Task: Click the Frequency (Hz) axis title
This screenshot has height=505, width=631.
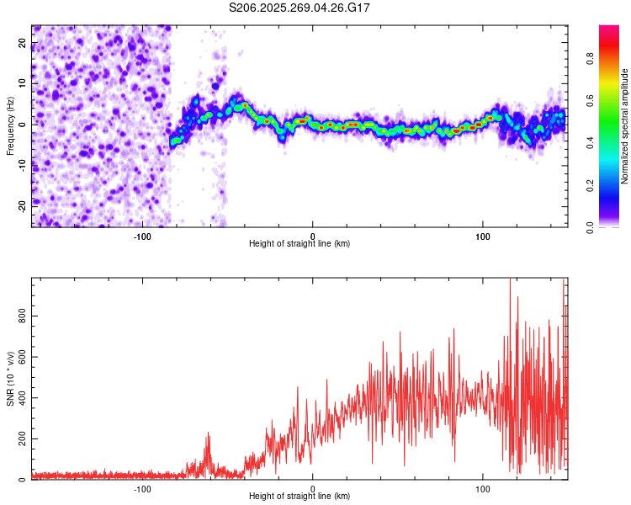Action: pos(10,125)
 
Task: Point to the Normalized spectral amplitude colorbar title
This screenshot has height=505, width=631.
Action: pos(625,125)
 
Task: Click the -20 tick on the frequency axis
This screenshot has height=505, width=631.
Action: pos(21,205)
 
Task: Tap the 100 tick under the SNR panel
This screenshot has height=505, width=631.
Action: pos(483,488)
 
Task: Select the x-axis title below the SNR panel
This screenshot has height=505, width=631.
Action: pos(300,497)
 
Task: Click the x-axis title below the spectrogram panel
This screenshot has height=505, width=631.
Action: pos(300,243)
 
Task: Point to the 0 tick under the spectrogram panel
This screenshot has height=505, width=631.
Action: pos(313,235)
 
